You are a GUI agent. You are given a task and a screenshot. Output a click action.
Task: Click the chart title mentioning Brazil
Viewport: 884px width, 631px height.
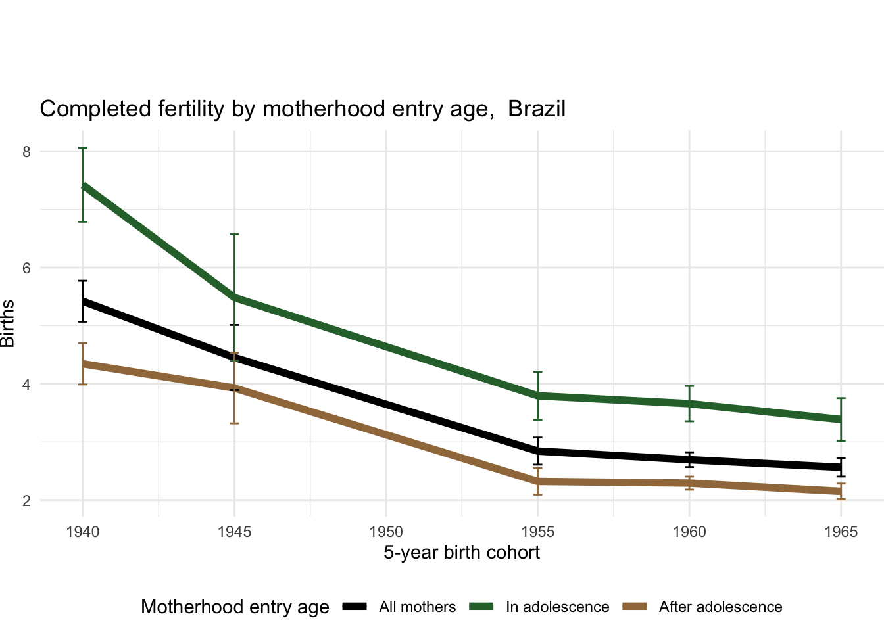(303, 108)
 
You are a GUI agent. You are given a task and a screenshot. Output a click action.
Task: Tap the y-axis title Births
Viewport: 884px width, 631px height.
(8, 323)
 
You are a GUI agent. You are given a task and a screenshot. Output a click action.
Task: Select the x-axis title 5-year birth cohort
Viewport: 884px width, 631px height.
(462, 553)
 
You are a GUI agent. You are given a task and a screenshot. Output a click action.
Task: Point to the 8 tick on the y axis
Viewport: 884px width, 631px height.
(26, 152)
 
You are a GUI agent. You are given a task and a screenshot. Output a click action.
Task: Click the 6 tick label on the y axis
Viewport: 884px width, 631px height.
(26, 268)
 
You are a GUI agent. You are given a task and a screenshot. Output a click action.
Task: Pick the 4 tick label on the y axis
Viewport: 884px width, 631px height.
(26, 385)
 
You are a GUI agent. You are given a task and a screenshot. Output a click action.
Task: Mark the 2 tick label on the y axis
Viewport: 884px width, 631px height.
(26, 501)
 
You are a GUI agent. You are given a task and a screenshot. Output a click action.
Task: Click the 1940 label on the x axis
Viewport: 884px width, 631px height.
(83, 532)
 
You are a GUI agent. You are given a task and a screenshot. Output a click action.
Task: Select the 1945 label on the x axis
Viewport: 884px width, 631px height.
(234, 532)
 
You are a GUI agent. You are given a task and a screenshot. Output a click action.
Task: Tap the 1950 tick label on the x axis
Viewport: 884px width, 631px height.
(386, 532)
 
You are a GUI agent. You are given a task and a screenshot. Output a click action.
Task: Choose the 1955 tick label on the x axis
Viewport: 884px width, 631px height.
(538, 532)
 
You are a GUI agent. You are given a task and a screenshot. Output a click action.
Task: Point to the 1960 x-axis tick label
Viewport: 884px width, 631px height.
(689, 532)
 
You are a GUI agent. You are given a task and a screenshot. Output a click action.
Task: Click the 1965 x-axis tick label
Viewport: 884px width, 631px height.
(841, 532)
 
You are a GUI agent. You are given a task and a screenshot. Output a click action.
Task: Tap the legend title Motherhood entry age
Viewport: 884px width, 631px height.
(235, 607)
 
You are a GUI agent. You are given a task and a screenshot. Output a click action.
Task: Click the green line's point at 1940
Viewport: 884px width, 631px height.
(83, 186)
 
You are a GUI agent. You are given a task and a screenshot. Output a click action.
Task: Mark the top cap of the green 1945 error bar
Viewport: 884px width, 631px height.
(234, 234)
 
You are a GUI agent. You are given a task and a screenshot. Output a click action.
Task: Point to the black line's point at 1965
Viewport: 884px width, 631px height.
(841, 467)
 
